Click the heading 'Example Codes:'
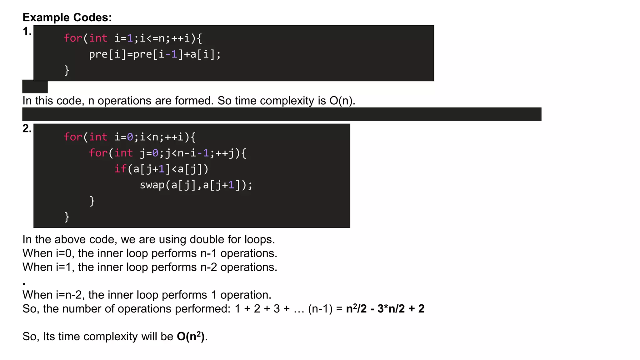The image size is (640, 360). point(67,17)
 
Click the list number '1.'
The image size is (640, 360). point(27,31)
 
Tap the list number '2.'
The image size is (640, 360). point(27,128)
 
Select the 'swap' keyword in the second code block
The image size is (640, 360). point(152,185)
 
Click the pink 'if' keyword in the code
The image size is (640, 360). point(120,169)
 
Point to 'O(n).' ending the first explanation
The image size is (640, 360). point(342,101)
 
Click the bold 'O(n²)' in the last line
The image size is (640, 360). point(191,337)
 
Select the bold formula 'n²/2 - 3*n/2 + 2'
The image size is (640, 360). point(385,309)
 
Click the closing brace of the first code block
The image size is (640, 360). point(67,70)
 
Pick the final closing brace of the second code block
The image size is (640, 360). point(67,217)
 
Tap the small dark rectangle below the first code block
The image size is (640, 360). point(35,87)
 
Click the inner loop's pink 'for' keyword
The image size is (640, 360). point(98,153)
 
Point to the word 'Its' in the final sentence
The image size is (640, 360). point(49,337)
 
